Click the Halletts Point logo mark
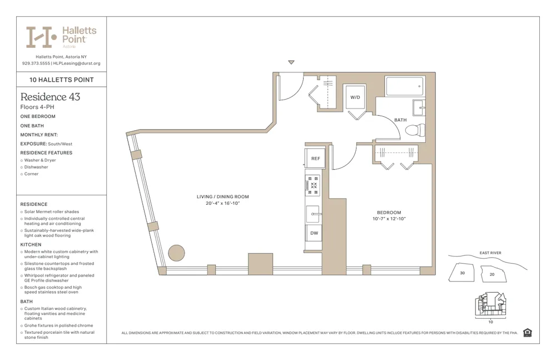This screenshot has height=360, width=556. [41, 37]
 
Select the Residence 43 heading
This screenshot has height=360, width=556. [50, 97]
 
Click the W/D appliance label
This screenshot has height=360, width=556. [355, 97]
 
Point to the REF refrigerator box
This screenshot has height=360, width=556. [315, 159]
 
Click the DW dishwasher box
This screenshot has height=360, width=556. [314, 233]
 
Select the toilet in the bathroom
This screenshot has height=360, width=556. [415, 131]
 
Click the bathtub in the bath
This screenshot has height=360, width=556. [404, 86]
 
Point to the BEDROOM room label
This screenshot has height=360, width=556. [389, 213]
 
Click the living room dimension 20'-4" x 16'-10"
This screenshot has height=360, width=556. [222, 204]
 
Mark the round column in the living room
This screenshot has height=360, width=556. [176, 253]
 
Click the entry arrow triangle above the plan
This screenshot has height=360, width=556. [291, 62]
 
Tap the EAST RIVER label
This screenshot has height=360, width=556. [490, 253]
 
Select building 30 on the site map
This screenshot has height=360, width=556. [462, 273]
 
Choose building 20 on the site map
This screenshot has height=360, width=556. [492, 274]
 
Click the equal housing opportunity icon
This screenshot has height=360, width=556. [527, 333]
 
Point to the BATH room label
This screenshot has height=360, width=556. [400, 120]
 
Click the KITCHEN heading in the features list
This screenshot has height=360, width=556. [31, 245]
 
